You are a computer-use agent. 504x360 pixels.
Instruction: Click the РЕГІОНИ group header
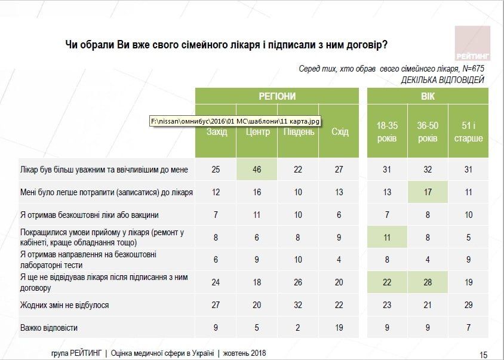coord(277,96)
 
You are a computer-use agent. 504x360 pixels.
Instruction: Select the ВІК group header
coord(428,96)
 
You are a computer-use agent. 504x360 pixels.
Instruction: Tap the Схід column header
coord(339,132)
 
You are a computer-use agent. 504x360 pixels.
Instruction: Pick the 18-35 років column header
coord(386,132)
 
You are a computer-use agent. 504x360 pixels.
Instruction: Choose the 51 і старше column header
coord(468,132)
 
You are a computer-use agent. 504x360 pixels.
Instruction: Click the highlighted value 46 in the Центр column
coord(257,170)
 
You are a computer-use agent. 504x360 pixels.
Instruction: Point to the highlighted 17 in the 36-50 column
coord(428,192)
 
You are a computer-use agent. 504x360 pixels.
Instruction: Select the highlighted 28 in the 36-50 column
coord(428,282)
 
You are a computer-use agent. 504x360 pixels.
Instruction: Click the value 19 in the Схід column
coord(339,328)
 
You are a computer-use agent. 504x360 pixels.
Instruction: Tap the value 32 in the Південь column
coord(299,305)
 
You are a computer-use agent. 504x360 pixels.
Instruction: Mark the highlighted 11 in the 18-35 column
coord(386,237)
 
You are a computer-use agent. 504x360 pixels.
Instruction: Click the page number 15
coord(484,353)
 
